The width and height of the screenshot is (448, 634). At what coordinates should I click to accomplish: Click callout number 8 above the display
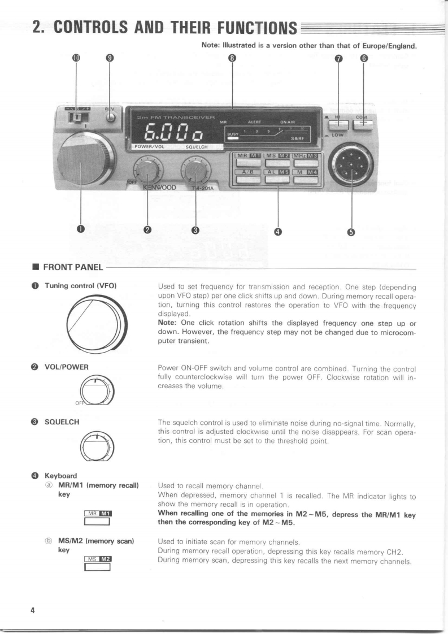232,58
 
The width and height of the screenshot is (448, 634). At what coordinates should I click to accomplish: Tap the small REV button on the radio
111,119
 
